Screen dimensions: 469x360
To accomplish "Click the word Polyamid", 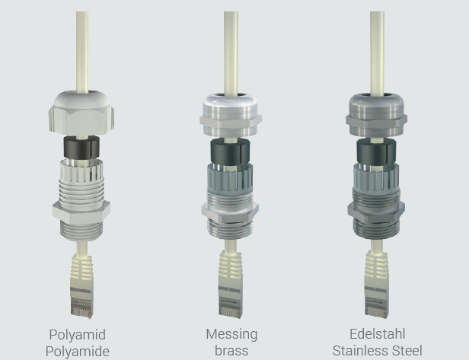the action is (78, 335).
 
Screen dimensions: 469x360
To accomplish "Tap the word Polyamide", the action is (78, 352).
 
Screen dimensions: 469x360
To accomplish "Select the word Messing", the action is (231, 335).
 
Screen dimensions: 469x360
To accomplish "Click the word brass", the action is (231, 351).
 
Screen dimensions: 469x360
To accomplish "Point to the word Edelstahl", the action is (378, 334).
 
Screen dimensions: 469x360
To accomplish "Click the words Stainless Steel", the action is (378, 351).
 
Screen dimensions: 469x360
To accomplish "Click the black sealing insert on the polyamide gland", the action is (81, 148).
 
